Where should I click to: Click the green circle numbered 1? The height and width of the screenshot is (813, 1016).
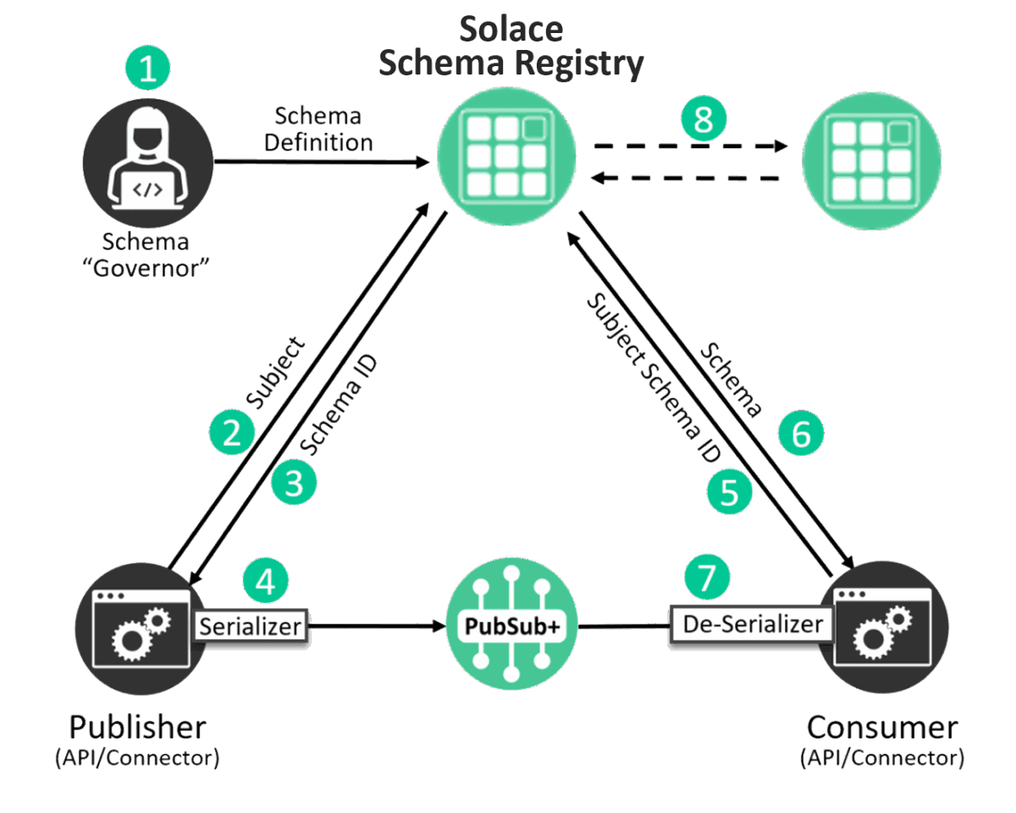[147, 69]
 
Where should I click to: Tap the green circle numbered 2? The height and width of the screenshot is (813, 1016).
[231, 433]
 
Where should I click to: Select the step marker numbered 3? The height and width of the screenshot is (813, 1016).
[294, 484]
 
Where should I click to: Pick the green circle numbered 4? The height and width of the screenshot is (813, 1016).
[265, 581]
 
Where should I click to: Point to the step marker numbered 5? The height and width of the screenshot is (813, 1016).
[730, 490]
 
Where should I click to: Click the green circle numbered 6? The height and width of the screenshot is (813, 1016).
[801, 434]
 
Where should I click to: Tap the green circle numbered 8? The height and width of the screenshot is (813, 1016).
[704, 119]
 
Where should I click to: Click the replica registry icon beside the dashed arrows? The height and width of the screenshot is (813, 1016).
[872, 161]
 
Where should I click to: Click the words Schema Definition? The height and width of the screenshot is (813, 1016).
[317, 130]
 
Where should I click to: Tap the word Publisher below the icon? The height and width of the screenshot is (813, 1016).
[137, 727]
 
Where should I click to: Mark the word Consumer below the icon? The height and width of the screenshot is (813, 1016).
[882, 727]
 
